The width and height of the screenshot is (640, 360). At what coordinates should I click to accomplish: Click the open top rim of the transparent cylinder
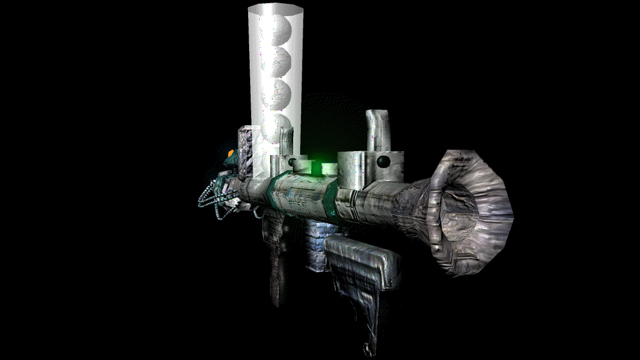[276, 8]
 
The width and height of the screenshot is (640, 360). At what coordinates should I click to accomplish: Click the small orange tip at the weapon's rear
[231, 153]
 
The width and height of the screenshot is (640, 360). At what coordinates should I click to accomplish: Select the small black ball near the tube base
[292, 162]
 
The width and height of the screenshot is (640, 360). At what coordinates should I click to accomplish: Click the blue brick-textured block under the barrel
[317, 243]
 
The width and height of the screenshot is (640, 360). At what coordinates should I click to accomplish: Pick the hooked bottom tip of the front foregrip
[367, 348]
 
